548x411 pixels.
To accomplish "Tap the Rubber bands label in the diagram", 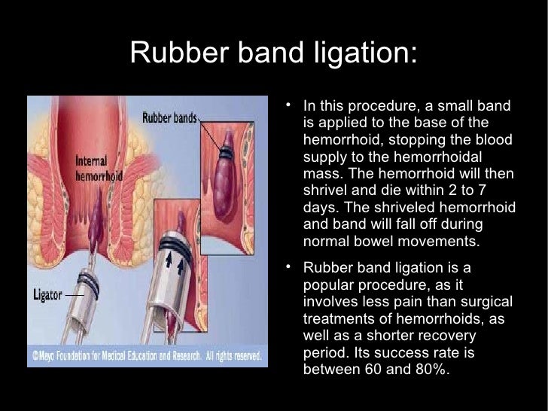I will (x=170, y=117).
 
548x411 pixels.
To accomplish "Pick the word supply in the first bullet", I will (x=325, y=157).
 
